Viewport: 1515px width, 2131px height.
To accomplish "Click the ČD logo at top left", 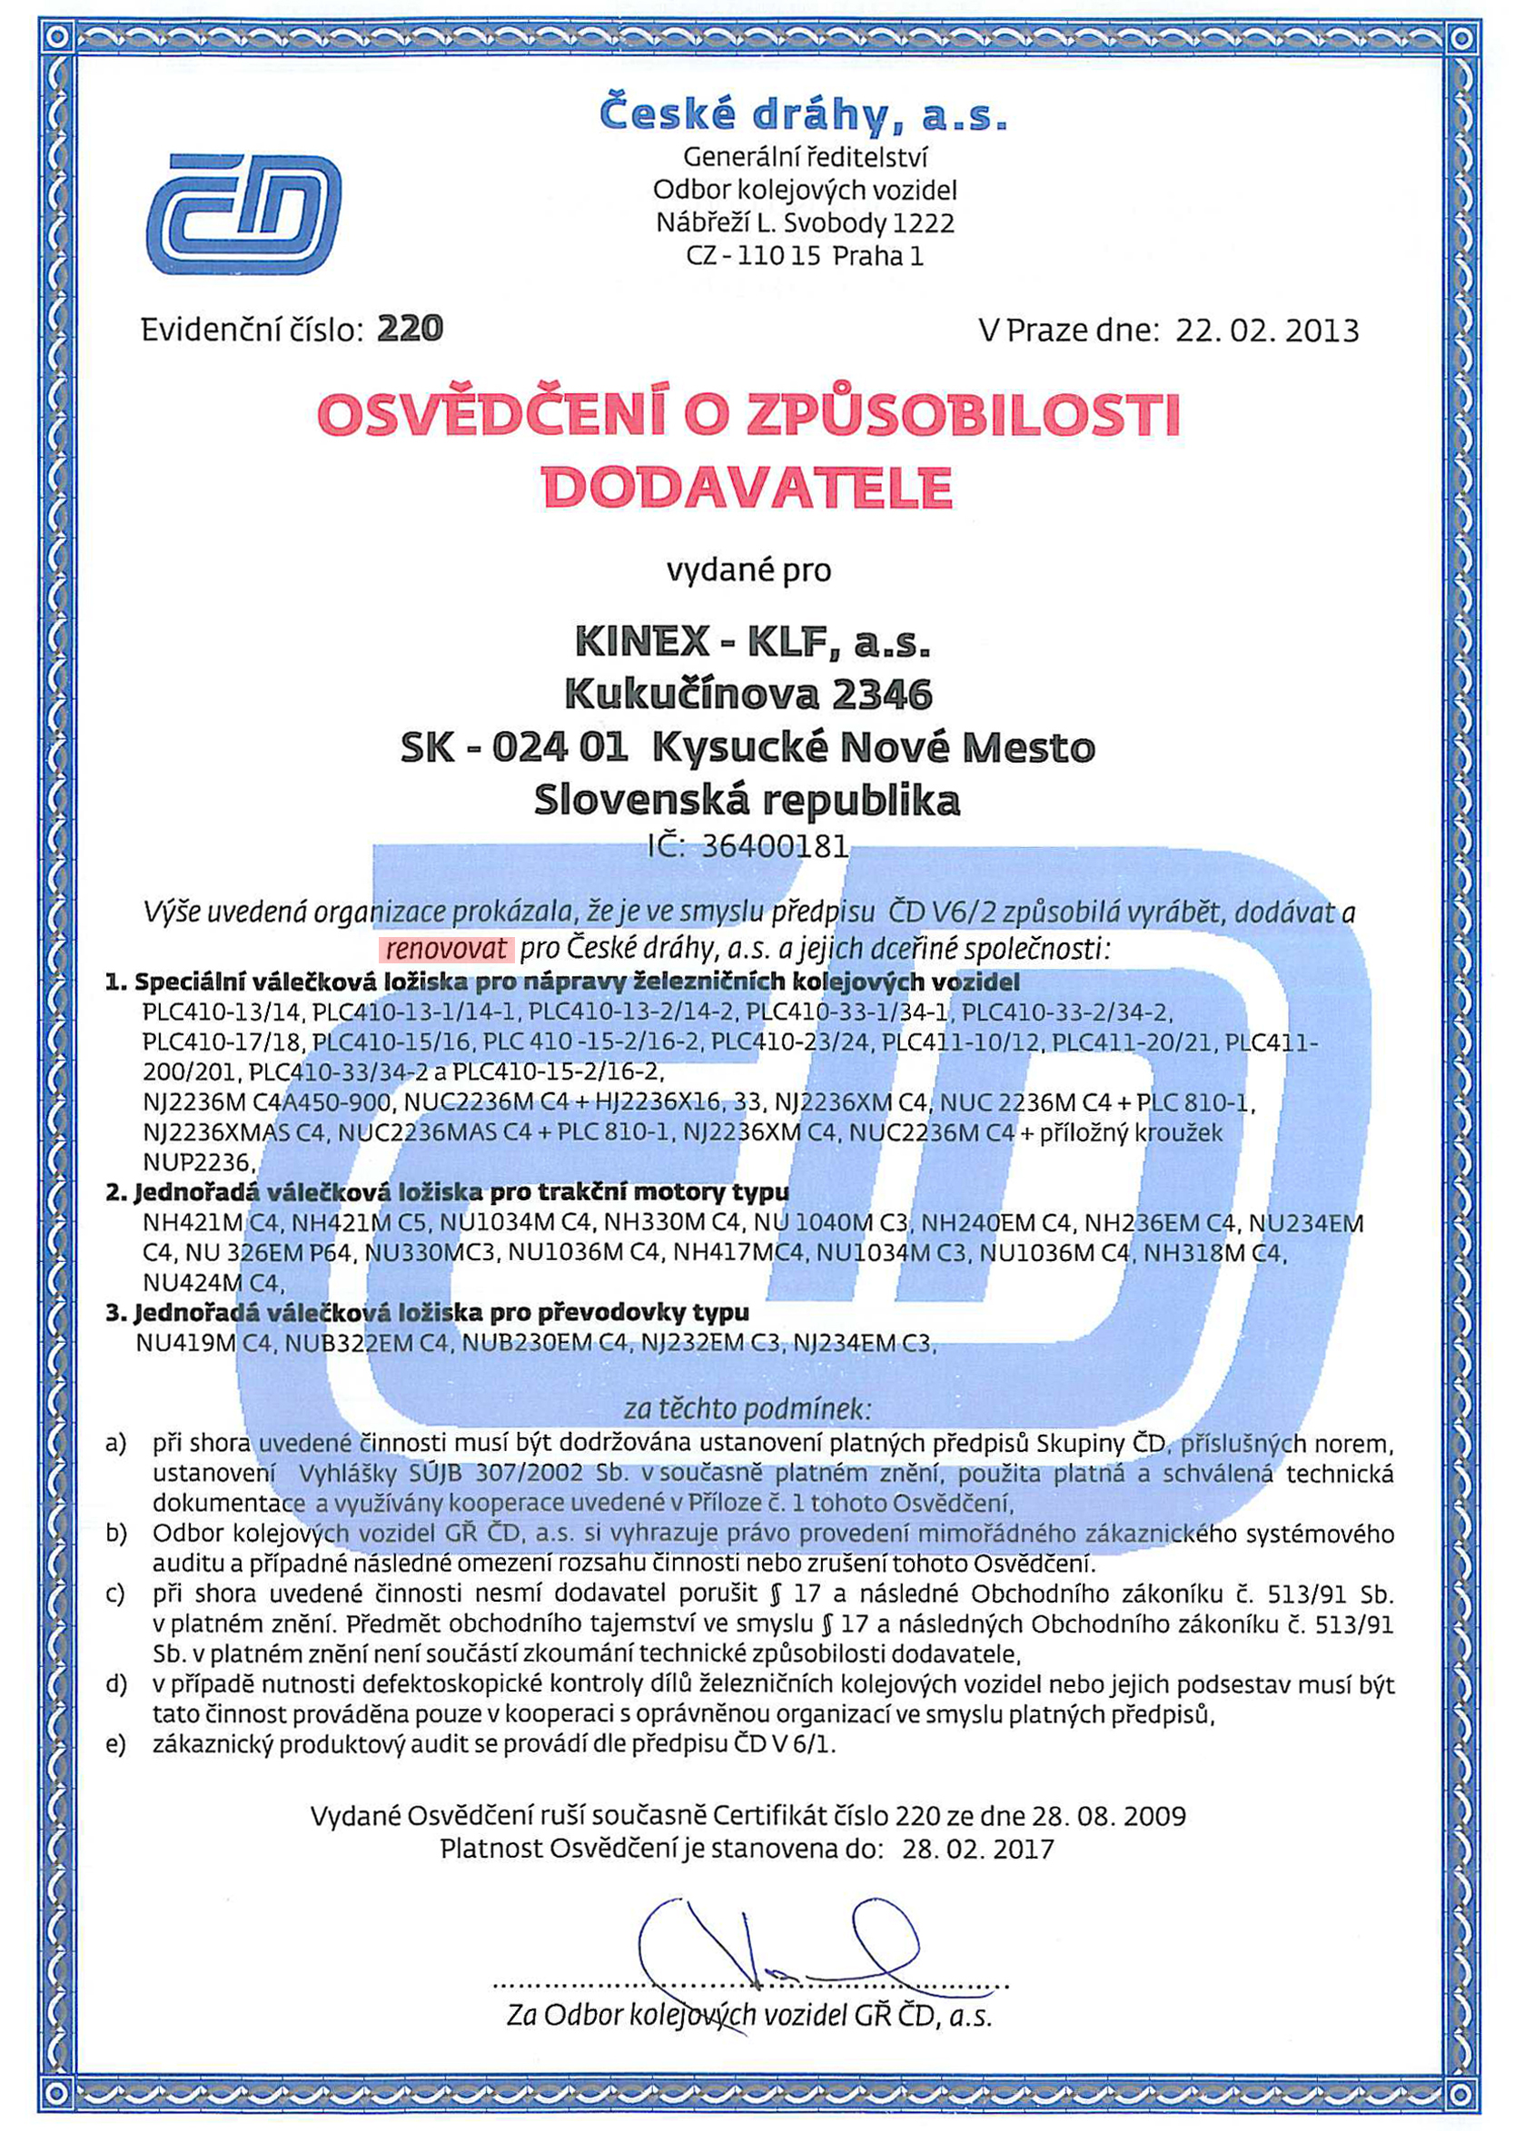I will point(243,213).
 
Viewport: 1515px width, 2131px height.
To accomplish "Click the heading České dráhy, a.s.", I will point(803,113).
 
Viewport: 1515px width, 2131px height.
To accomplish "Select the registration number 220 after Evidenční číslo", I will point(410,329).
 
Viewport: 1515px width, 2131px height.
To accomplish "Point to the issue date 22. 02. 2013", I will point(1266,331).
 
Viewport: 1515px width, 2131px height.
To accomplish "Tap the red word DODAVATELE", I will point(748,487).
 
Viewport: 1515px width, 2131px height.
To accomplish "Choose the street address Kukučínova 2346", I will point(748,694).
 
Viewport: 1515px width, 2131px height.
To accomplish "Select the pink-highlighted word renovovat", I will point(446,950).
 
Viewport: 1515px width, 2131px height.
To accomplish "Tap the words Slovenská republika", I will point(748,800).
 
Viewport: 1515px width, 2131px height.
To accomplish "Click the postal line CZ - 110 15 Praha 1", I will point(804,255).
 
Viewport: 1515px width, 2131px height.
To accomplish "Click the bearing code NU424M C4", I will point(212,1283).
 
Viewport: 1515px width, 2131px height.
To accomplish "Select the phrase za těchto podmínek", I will point(748,1407).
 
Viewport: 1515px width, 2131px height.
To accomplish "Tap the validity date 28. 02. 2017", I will point(977,1849).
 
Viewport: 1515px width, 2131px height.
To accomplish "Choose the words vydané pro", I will point(748,569).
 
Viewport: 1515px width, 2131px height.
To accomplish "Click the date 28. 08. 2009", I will point(1108,1816).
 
